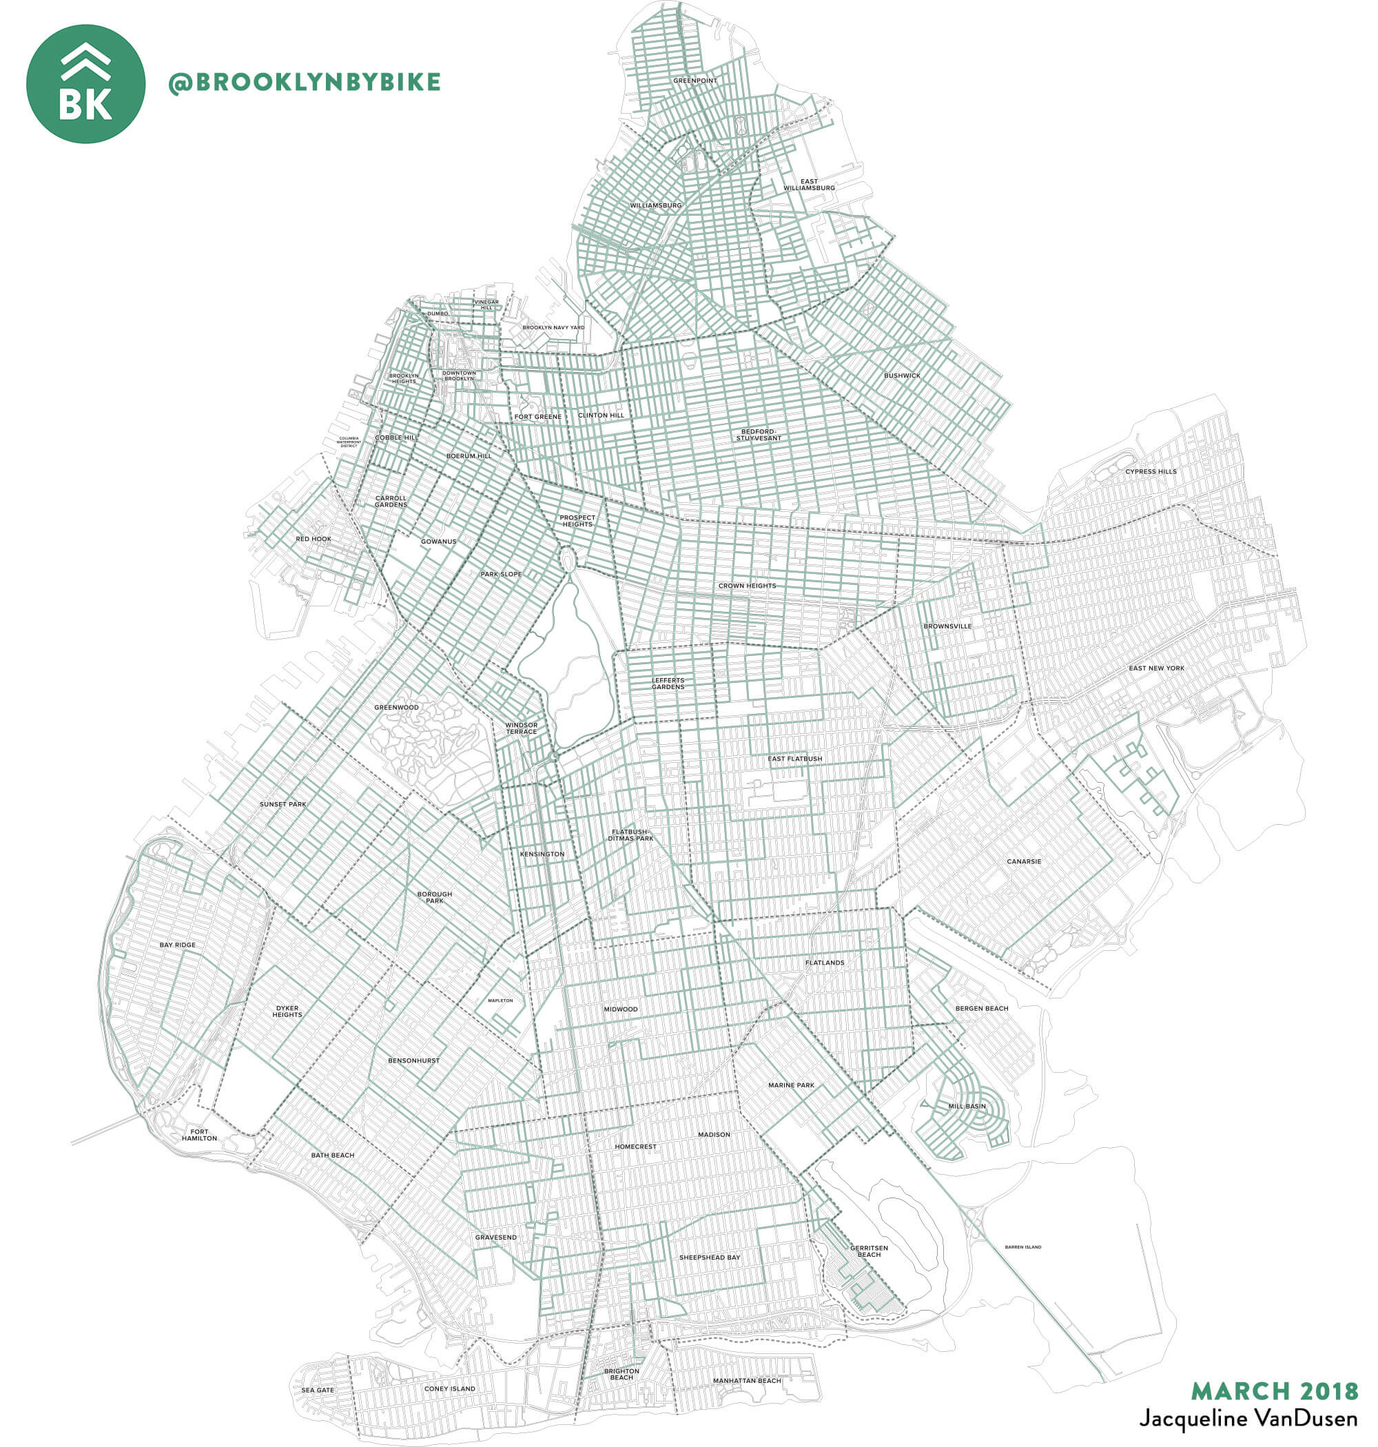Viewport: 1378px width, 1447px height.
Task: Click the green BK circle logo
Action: click(x=85, y=84)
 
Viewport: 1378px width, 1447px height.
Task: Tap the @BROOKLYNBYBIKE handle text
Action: click(x=304, y=82)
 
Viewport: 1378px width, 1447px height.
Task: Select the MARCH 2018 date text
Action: click(x=1275, y=1390)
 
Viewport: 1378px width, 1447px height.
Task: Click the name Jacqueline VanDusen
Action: click(x=1247, y=1418)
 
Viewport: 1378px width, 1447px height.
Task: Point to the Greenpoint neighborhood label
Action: click(x=695, y=81)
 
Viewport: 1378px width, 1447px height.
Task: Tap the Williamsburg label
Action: click(x=655, y=205)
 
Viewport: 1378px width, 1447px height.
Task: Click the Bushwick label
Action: click(x=901, y=376)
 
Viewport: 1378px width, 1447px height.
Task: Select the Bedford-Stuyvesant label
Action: click(x=758, y=435)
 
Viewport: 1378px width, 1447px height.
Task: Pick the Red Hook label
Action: click(x=313, y=539)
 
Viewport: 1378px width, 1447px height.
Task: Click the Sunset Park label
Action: click(x=282, y=804)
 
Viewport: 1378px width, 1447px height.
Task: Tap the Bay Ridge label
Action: click(x=178, y=945)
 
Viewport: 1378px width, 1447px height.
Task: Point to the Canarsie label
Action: click(x=1023, y=861)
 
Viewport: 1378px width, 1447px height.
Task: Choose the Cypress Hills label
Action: click(x=1151, y=471)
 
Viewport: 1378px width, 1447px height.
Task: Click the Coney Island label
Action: click(x=449, y=1389)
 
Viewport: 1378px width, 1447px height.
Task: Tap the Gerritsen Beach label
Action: click(x=869, y=1251)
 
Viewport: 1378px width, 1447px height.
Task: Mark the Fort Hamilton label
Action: click(x=199, y=1135)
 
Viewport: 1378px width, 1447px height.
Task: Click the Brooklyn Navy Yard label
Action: click(x=553, y=327)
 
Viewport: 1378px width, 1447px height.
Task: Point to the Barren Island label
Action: click(x=1022, y=1247)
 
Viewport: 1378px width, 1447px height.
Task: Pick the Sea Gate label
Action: click(x=318, y=1390)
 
